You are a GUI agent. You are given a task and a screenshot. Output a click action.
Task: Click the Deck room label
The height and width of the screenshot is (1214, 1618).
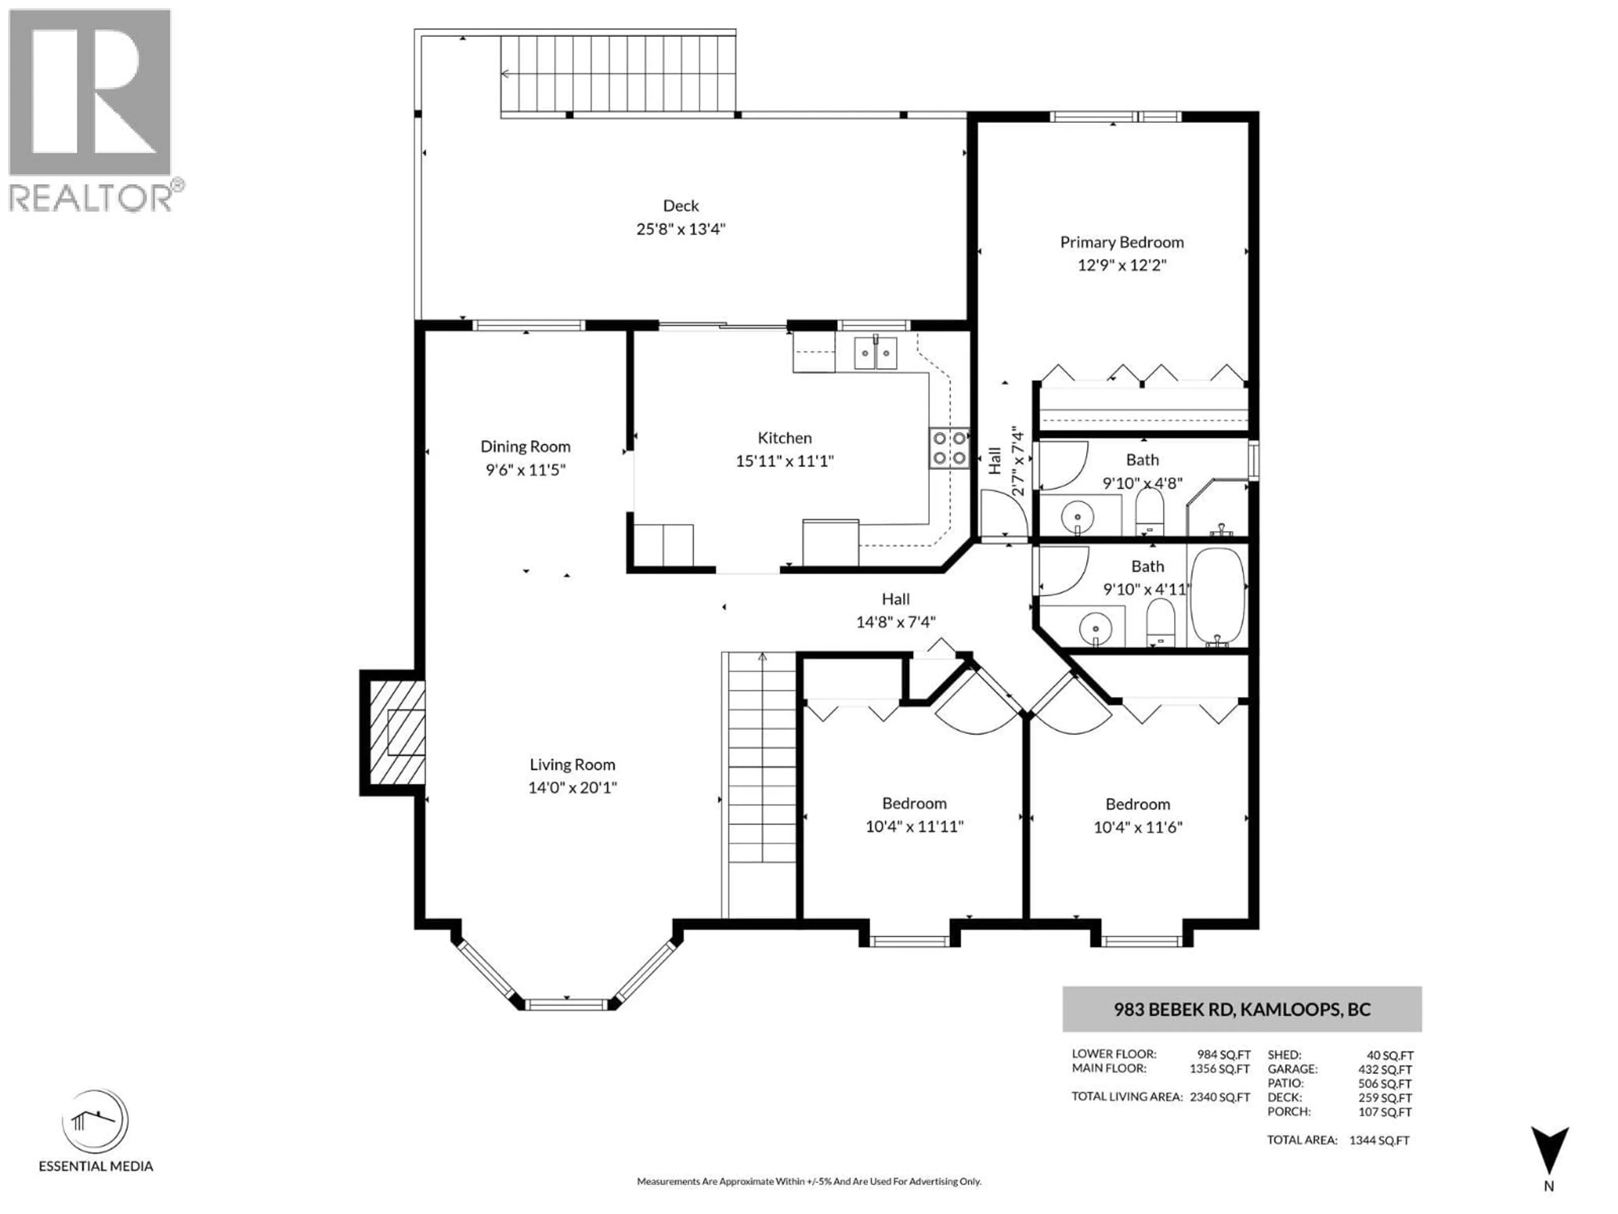coord(680,206)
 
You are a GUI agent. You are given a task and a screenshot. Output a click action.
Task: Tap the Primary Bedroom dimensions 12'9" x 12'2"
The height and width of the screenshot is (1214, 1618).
coord(1121,265)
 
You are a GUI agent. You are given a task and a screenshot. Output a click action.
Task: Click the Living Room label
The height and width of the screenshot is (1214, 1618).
coord(572,765)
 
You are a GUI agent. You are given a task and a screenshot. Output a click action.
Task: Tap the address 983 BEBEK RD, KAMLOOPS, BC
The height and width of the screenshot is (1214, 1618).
coord(1241,1009)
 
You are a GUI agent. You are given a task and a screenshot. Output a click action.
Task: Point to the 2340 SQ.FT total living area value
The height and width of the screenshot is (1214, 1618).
coord(1219,1097)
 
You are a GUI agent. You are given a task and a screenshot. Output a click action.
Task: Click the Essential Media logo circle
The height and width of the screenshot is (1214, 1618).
coord(95,1121)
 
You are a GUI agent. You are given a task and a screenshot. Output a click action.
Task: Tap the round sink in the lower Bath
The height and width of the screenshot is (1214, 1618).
coord(1095,628)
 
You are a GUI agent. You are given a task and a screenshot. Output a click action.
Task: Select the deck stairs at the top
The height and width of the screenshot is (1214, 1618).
coord(618,73)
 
